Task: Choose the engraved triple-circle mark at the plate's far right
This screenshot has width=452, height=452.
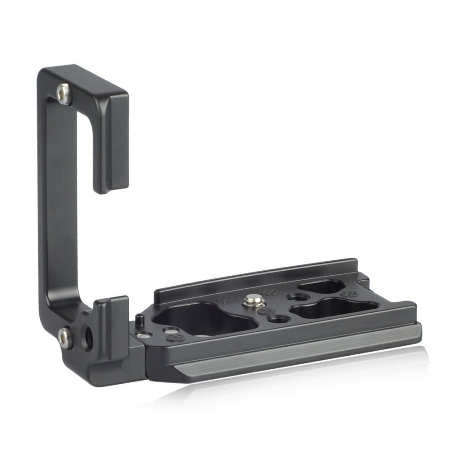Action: tap(348, 294)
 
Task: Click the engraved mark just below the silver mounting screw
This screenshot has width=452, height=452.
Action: tap(267, 311)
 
